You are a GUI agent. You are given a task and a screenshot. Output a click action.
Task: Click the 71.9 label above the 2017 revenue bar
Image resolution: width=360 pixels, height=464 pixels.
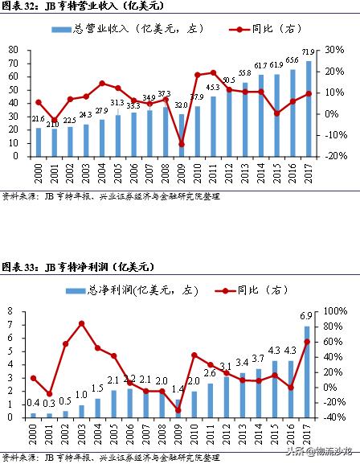pos(308,52)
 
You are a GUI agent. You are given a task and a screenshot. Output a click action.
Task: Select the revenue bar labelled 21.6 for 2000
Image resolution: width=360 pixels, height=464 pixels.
pos(38,142)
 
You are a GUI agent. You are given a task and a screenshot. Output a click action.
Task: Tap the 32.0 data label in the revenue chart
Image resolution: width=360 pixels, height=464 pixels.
pos(182,105)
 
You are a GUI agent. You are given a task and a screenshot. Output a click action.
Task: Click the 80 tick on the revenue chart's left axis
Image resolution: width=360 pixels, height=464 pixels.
pos(14,50)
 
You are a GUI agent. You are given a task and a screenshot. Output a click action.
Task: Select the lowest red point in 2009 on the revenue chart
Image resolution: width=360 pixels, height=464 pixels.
pos(182,145)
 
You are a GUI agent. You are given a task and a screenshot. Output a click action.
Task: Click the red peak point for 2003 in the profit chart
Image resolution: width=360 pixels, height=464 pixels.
pos(83,323)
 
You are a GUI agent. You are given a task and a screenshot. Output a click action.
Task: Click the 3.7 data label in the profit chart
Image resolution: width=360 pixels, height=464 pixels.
pos(258,358)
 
